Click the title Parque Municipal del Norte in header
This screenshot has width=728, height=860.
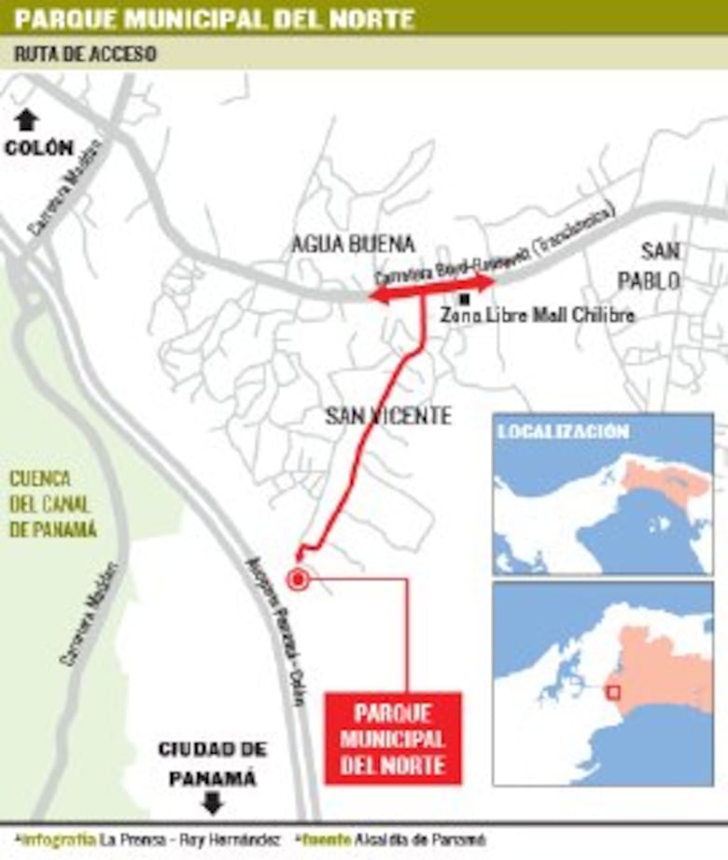(x=215, y=18)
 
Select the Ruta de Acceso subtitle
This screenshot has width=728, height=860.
(x=85, y=54)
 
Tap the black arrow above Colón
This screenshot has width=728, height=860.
(x=27, y=119)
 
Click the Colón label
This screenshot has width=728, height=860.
(x=38, y=148)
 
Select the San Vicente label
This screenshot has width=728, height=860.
(x=387, y=416)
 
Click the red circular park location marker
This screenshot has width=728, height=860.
(x=298, y=580)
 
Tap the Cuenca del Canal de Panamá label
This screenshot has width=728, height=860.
(x=53, y=504)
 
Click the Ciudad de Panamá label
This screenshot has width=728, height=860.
(x=213, y=763)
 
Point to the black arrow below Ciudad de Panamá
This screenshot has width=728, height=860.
(x=213, y=802)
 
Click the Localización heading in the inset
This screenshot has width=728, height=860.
(x=563, y=431)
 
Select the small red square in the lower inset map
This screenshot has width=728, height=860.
(x=613, y=692)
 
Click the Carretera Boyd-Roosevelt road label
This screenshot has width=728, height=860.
(x=495, y=247)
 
